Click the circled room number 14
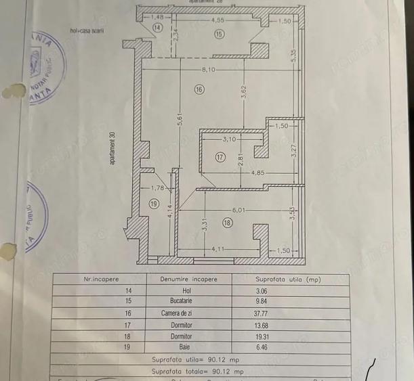(x=157, y=28)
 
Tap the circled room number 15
(x=219, y=35)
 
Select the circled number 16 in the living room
(x=199, y=89)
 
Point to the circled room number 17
(x=220, y=157)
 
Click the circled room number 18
(x=226, y=221)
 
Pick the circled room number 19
(x=153, y=203)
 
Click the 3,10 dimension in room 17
(x=230, y=139)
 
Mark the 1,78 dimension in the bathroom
(x=157, y=188)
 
